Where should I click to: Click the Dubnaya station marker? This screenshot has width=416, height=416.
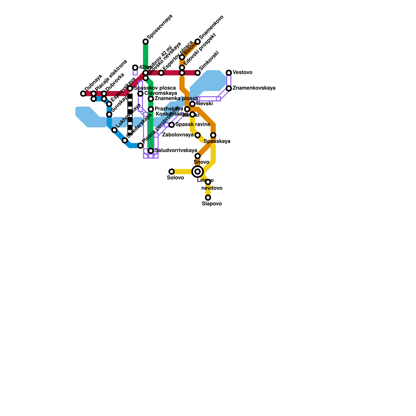(x=83, y=94)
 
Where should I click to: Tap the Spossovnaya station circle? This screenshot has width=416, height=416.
(x=146, y=42)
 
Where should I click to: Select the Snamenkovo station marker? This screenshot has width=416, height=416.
(x=198, y=42)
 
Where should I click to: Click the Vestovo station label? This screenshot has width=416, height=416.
(x=242, y=73)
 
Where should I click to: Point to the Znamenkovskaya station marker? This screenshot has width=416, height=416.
(x=229, y=88)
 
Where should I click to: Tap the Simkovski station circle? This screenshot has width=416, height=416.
(x=198, y=73)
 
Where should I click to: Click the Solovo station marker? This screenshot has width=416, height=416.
(x=172, y=172)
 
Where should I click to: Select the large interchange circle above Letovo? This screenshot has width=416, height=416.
(x=198, y=172)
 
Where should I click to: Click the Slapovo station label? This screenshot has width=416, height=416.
(x=212, y=204)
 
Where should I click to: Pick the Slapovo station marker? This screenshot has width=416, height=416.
(x=208, y=198)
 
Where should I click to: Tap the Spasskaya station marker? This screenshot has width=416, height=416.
(x=213, y=135)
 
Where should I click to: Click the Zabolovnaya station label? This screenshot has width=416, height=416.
(x=178, y=135)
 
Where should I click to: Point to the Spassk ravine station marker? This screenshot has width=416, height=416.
(x=172, y=125)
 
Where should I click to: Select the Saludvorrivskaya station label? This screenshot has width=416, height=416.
(x=176, y=151)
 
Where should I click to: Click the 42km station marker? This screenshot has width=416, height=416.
(x=135, y=68)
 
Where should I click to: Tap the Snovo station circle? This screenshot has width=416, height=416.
(x=198, y=156)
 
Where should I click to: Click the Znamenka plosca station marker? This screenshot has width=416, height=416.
(x=151, y=99)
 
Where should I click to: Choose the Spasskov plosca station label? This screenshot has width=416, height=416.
(x=155, y=88)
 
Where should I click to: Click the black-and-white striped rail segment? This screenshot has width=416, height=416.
(x=130, y=114)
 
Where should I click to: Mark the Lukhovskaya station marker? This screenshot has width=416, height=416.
(x=114, y=130)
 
